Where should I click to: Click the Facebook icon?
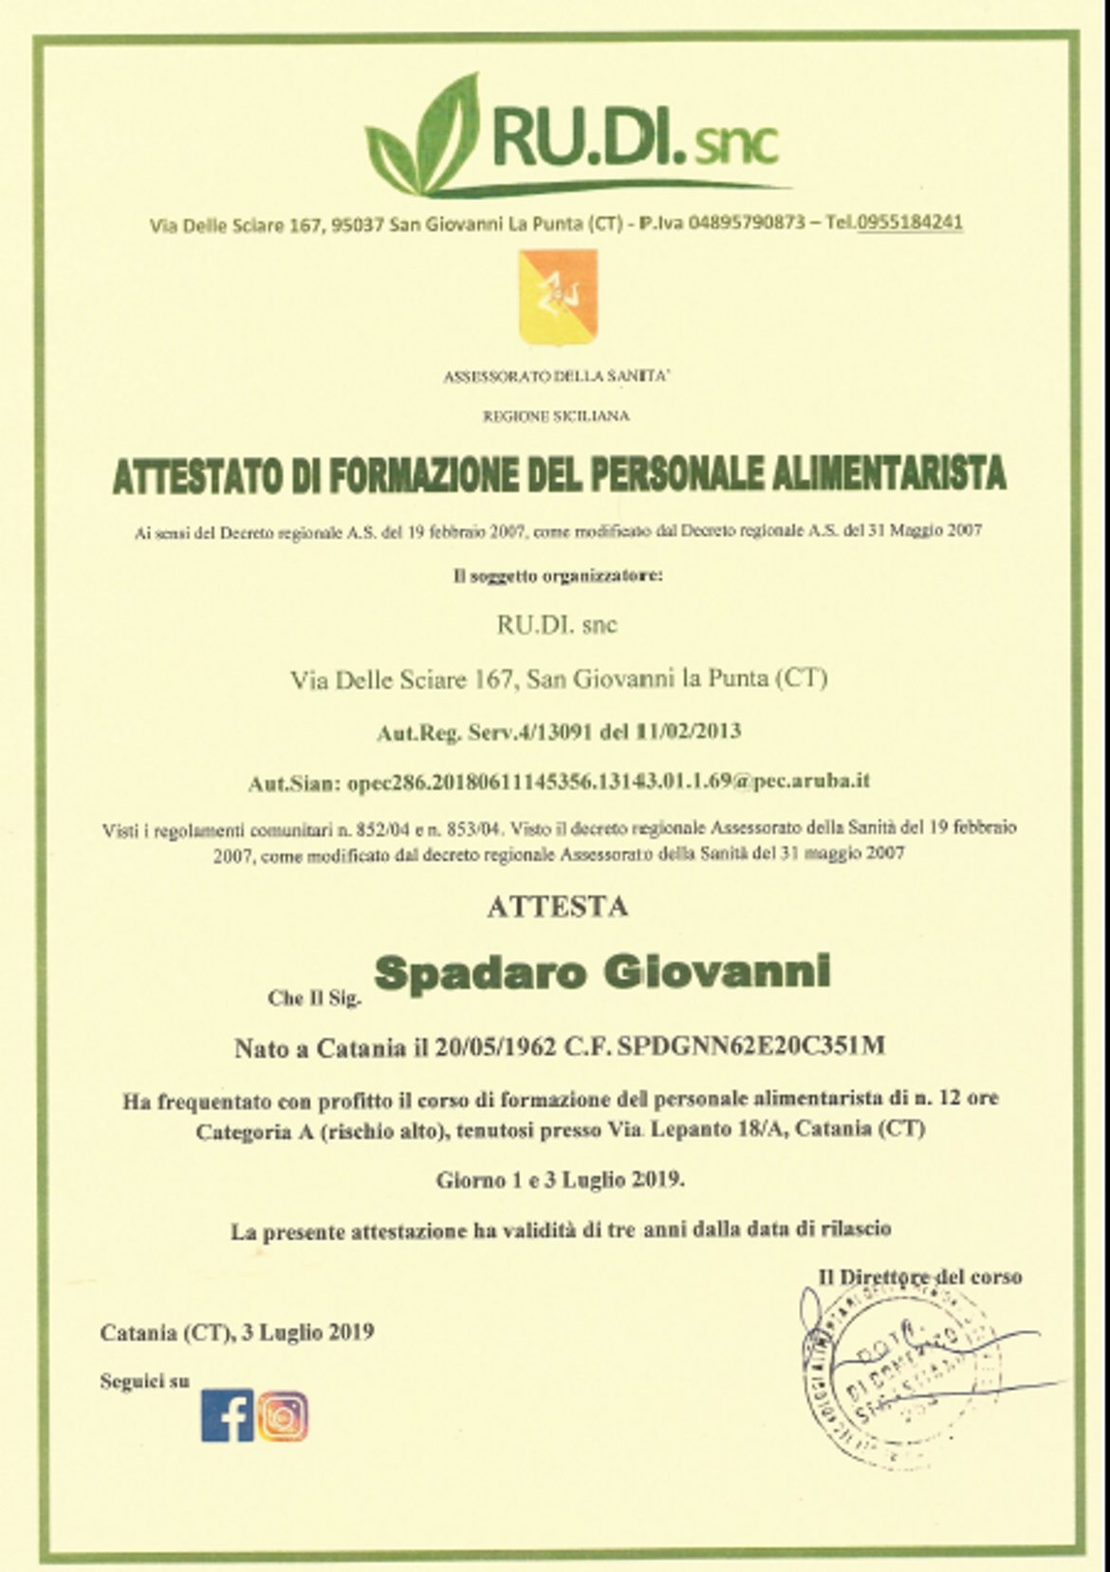coord(227,1415)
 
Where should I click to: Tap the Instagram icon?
coord(283,1415)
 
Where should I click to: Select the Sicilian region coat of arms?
coord(557,295)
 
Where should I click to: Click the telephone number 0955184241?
coord(909,222)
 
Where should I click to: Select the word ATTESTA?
coord(557,906)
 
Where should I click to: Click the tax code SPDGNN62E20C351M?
coord(750,1046)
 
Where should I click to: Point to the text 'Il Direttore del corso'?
coord(919,1276)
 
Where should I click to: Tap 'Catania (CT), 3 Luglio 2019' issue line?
coord(237,1332)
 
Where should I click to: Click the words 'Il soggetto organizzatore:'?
coord(557,576)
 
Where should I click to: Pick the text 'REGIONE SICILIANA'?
coord(557,416)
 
